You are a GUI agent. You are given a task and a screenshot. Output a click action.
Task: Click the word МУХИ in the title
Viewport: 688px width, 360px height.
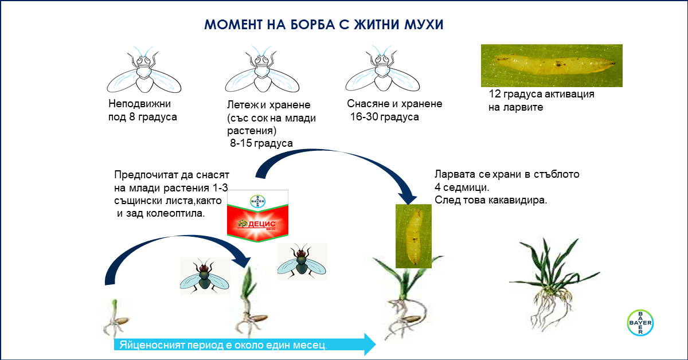click(x=424, y=25)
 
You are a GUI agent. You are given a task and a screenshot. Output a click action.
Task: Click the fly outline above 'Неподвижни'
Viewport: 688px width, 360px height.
click(x=144, y=70)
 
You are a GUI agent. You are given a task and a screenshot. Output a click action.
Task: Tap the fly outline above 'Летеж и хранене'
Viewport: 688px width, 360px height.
click(x=262, y=69)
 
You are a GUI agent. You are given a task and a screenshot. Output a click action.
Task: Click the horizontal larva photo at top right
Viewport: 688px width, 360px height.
click(x=552, y=65)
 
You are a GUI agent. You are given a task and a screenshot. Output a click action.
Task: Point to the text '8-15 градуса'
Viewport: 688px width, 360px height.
click(x=261, y=143)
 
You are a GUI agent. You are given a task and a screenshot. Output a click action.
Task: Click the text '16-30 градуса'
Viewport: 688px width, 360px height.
click(x=385, y=117)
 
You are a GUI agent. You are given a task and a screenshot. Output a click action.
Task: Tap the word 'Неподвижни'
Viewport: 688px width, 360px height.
click(x=139, y=104)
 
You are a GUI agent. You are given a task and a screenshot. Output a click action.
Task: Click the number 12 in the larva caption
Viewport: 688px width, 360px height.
click(x=495, y=93)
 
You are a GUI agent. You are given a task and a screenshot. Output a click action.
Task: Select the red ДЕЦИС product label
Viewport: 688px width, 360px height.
click(x=257, y=216)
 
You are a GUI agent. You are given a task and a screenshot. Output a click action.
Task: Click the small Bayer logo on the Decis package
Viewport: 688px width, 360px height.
click(x=257, y=201)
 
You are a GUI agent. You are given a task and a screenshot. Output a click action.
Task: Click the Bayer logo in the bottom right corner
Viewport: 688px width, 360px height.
click(x=640, y=323)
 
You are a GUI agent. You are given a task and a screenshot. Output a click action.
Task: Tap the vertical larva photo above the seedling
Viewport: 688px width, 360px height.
click(x=413, y=236)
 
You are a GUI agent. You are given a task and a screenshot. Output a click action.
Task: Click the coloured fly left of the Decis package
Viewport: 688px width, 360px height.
click(x=205, y=276)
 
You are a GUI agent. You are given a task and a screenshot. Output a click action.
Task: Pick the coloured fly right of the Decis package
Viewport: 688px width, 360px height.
click(x=302, y=261)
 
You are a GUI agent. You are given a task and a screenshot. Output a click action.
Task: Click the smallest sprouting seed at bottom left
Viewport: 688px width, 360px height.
click(x=116, y=318)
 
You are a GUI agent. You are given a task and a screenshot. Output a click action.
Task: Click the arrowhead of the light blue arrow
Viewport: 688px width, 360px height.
click(x=370, y=345)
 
